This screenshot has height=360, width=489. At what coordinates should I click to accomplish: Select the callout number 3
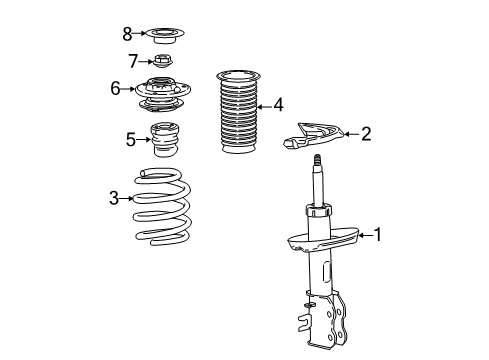(x=114, y=198)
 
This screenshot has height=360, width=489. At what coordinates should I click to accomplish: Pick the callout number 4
(x=278, y=103)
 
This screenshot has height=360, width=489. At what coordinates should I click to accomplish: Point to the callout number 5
(x=131, y=139)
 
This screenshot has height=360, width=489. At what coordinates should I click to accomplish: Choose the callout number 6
(x=116, y=89)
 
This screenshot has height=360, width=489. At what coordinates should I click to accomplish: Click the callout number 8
(x=127, y=34)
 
